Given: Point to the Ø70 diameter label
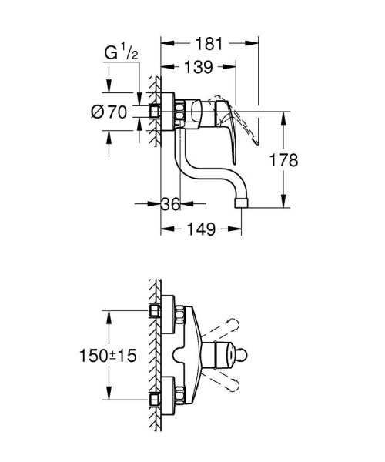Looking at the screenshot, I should coord(107,112).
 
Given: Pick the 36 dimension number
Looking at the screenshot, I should coord(170,205).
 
